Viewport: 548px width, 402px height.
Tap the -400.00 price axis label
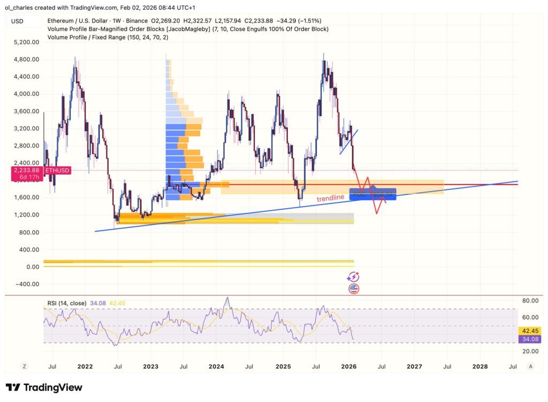(x=28, y=284)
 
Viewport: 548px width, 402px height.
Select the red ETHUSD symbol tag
(x=57, y=170)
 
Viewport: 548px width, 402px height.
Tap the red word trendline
(x=330, y=198)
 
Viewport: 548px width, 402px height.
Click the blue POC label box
(x=373, y=194)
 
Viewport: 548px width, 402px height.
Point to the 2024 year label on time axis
(x=216, y=367)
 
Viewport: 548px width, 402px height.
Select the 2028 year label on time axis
(x=480, y=367)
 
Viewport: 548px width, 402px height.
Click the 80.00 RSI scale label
(x=530, y=301)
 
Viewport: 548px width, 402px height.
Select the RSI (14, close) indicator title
(x=67, y=304)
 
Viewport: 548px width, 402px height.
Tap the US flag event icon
(x=354, y=289)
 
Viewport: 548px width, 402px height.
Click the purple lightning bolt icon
(x=353, y=277)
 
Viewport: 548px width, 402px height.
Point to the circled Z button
(x=24, y=367)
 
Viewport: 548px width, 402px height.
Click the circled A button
(x=530, y=367)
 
